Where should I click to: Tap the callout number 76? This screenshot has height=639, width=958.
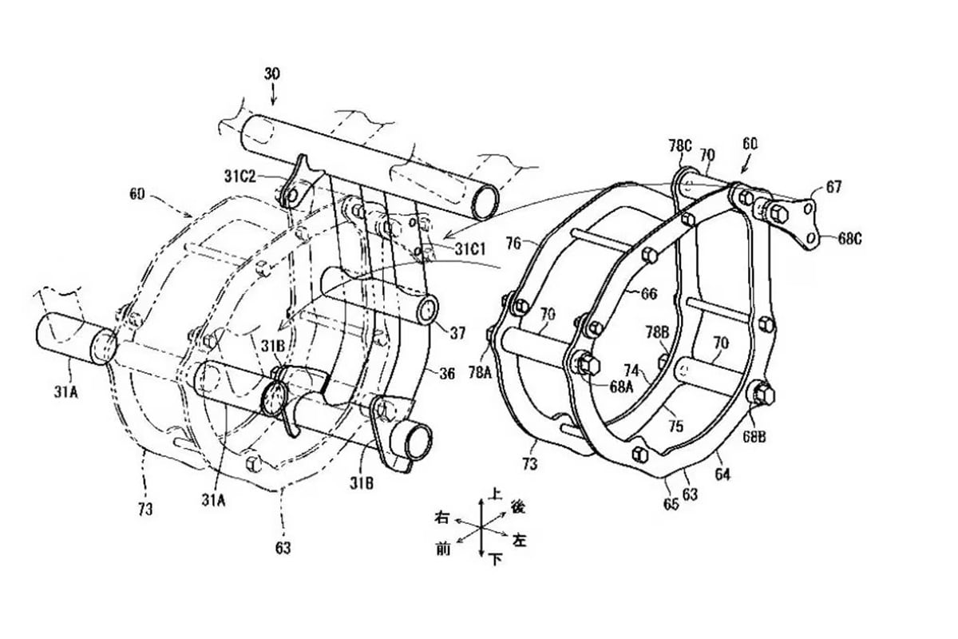(x=513, y=240)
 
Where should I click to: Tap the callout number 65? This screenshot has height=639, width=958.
(x=671, y=503)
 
